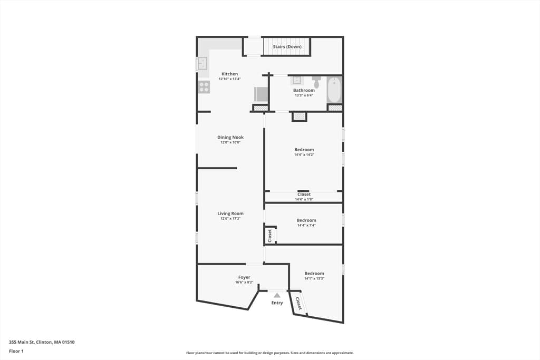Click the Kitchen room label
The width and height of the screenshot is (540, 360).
point(229,74)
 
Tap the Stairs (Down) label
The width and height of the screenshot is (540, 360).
point(287,46)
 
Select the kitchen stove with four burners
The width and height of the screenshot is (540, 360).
point(204,87)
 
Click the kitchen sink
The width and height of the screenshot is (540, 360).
point(202,63)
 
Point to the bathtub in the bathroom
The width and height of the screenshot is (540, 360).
point(334,90)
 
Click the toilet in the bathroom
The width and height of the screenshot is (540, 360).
point(317,82)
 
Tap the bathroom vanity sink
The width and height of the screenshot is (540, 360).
point(297,81)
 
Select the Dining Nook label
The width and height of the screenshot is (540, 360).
point(230,137)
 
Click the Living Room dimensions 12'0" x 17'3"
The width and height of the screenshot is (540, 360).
point(230,219)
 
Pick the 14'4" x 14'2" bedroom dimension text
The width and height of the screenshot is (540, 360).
point(304,155)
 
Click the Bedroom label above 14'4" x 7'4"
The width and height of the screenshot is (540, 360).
point(306,220)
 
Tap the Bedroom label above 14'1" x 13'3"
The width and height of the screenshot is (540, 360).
point(314,273)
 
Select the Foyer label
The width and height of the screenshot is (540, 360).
point(244,277)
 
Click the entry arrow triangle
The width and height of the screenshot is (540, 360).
point(277,295)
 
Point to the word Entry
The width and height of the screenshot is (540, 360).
point(277,303)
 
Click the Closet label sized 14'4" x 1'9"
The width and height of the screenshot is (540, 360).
point(304,194)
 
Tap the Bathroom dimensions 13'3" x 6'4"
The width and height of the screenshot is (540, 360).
point(304,95)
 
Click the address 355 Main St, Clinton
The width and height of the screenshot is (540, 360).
point(31,342)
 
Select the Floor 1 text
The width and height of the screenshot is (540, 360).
point(16,351)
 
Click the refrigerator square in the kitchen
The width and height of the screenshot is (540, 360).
point(261,94)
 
